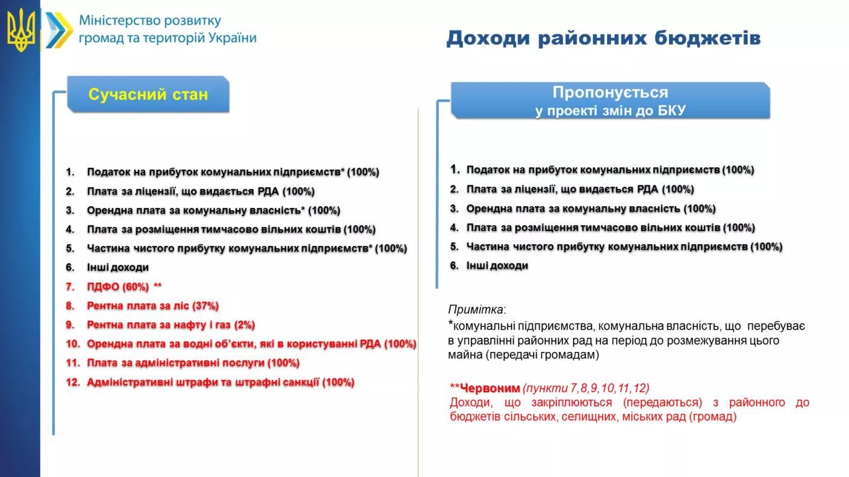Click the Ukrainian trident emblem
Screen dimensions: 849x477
pos(21,30)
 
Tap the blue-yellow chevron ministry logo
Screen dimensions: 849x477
pos(59,30)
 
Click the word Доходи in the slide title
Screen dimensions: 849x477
pos(488,38)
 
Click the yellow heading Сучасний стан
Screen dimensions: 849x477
pos(148,94)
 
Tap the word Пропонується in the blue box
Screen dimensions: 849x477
pos(610,92)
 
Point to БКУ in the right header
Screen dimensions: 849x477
pos(671,111)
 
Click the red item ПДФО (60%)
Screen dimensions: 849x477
pos(118,286)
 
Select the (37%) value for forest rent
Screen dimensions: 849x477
pos(205,306)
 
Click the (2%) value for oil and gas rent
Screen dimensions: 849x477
pos(244,325)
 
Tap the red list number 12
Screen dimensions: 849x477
pos(73,382)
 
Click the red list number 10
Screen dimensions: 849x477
pos(73,343)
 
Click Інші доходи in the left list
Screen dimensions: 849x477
pos(118,267)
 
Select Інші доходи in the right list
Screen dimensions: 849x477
pos(497,266)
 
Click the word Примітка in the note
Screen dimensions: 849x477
pos(476,310)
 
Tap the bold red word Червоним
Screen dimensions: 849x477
pos(490,388)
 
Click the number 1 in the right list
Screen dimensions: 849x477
pos(454,169)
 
